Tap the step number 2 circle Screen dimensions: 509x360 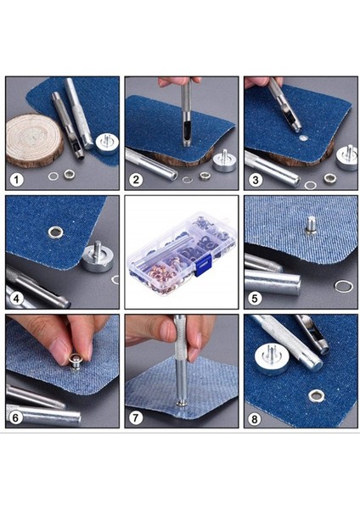click(x=136, y=180)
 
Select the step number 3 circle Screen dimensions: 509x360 click(x=255, y=180)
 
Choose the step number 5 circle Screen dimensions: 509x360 click(x=255, y=299)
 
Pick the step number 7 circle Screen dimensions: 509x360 click(x=136, y=418)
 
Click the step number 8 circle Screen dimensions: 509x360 click(x=255, y=418)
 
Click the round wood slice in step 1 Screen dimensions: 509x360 click(x=34, y=141)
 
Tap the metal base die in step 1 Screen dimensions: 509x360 click(x=106, y=142)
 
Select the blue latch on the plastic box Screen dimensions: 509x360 click(x=203, y=266)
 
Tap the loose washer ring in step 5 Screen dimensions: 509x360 click(x=343, y=287)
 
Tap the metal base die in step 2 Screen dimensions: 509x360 click(x=224, y=160)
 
